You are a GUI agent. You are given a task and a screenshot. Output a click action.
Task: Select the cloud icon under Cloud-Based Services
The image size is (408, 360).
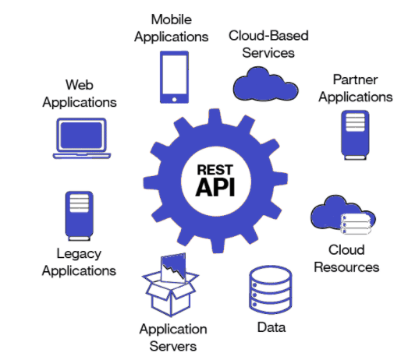click(261, 80)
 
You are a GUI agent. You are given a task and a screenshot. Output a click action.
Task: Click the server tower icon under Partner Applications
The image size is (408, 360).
click(354, 134)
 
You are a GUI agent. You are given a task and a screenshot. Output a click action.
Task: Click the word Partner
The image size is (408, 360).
click(355, 79)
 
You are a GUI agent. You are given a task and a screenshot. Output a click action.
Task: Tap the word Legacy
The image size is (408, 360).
click(79, 252)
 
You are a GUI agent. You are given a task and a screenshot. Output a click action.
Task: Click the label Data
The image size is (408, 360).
click(271, 327)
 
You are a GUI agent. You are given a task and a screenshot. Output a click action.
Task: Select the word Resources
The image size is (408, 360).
click(347, 267)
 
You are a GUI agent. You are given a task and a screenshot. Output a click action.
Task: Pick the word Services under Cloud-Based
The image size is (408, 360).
click(268, 53)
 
